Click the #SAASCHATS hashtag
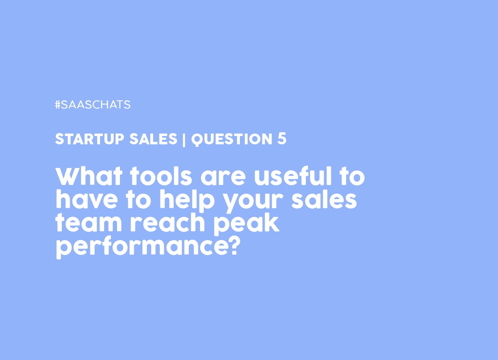[x=93, y=105]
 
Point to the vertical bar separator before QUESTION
[x=184, y=140]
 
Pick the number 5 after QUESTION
[x=282, y=139]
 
